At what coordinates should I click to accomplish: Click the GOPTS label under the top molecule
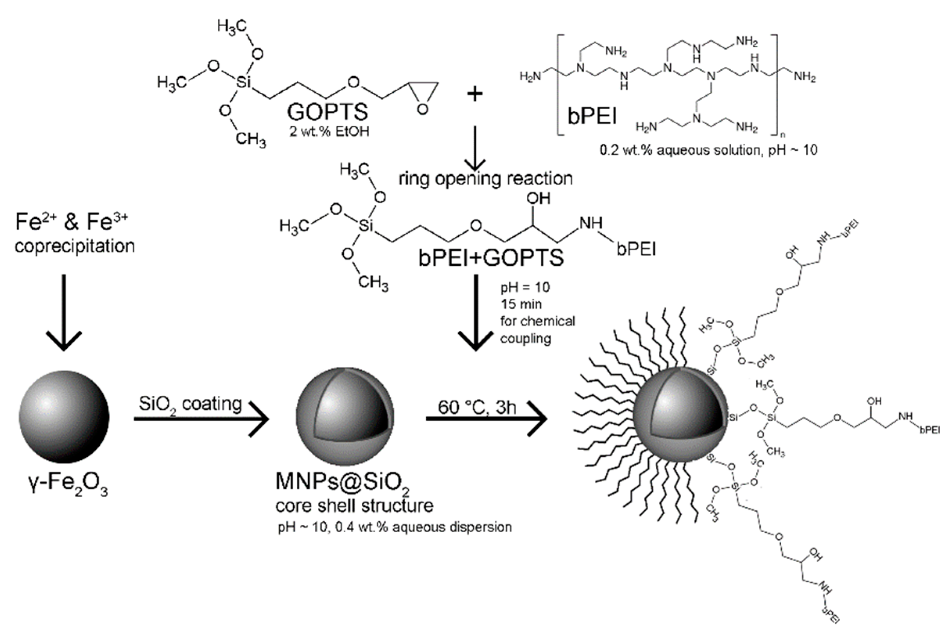tap(327, 112)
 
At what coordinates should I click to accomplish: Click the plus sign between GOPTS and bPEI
tap(475, 94)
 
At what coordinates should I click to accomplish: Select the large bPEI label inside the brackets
tap(592, 116)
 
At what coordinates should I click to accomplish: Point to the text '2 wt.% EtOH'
tap(329, 132)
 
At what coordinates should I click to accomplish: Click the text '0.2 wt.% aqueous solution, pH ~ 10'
tap(709, 150)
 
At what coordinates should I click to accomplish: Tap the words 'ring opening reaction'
tap(486, 179)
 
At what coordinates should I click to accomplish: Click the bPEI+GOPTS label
tap(491, 257)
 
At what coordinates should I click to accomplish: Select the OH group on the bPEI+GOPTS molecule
tap(538, 198)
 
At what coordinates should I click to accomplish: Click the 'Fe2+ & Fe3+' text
tap(72, 222)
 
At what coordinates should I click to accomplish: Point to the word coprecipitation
tap(75, 246)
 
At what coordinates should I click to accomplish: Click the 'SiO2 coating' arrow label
tap(190, 404)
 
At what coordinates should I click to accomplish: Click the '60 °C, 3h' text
tap(477, 407)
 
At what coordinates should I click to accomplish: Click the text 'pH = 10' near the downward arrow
tap(525, 287)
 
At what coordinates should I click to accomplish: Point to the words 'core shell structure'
tap(354, 506)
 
